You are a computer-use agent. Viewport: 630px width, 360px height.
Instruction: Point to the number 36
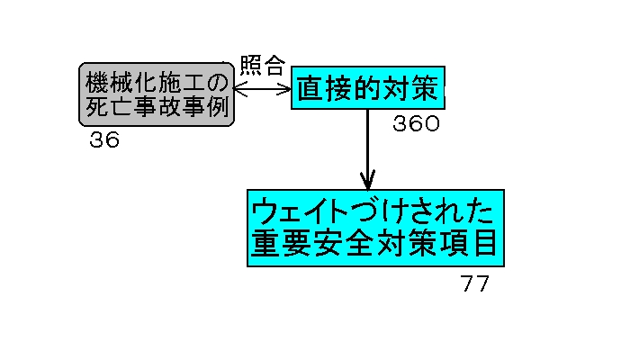click(x=104, y=140)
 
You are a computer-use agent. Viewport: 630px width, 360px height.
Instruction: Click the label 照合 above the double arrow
click(x=263, y=66)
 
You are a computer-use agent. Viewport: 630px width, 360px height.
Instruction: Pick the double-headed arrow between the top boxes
click(x=263, y=89)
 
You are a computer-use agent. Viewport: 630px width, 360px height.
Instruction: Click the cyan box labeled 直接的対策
click(x=368, y=89)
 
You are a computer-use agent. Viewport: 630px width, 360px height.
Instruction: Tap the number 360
click(x=416, y=124)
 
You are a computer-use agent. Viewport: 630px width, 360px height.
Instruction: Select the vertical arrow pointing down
click(x=368, y=148)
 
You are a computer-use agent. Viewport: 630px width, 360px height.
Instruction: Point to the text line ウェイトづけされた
click(x=375, y=212)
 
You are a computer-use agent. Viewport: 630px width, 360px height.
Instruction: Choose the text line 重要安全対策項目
click(x=375, y=244)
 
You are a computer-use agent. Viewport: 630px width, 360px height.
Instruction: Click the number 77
click(x=474, y=284)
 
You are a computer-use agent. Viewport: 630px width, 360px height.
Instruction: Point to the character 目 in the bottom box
click(x=483, y=244)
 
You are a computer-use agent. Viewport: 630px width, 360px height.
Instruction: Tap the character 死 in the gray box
click(x=96, y=107)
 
